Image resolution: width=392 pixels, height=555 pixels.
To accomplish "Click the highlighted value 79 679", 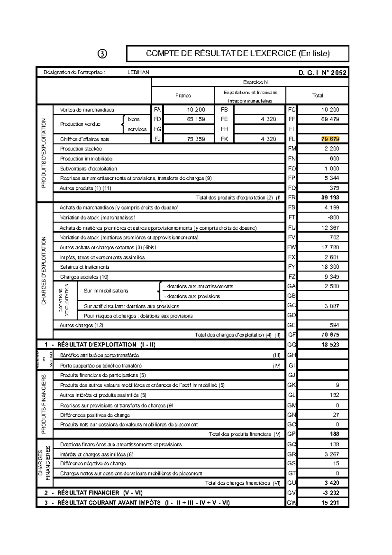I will (330, 139).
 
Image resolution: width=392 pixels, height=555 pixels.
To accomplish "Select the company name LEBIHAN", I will (138, 72).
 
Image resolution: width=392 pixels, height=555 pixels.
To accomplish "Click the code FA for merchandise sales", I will (157, 110).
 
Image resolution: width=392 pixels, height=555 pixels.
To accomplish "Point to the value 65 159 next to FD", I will (196, 119).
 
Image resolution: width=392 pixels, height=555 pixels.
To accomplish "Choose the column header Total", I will (318, 96).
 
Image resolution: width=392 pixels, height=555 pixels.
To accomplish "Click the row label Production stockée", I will (81, 149).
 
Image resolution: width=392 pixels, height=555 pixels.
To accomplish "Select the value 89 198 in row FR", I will (330, 198).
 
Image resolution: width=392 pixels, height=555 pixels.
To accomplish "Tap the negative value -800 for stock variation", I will (333, 217).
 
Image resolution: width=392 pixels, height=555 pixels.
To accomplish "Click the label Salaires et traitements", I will (85, 267).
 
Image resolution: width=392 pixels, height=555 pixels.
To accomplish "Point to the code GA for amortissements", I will (291, 286).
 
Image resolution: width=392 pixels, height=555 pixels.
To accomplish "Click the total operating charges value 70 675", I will (330, 335).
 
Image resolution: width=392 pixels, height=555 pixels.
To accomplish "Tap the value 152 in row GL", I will (334, 395).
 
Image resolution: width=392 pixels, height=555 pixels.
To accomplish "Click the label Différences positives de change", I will (95, 415).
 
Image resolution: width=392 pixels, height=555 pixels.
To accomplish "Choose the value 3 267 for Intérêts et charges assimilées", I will (332, 454).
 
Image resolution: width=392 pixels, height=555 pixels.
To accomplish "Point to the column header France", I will (183, 96).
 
